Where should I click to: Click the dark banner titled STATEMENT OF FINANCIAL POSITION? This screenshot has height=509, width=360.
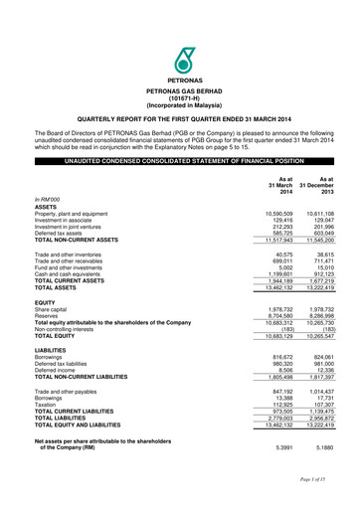click(x=180, y=160)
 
